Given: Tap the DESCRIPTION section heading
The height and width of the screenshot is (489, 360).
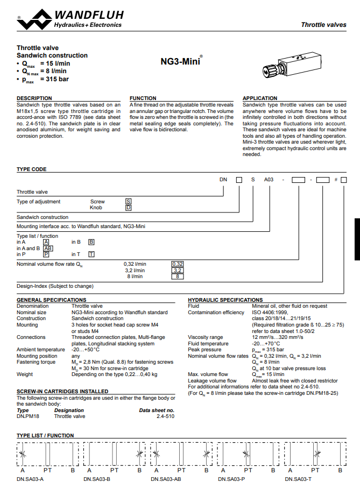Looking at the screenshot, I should pos(34,98).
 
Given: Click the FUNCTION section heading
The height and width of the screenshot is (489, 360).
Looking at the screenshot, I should pos(143,98).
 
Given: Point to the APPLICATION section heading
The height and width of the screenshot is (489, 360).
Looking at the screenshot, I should pos(260,98).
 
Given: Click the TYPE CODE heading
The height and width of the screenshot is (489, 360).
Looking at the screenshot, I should pos(32,169).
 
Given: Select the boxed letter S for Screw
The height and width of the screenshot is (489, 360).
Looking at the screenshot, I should pos(128,202).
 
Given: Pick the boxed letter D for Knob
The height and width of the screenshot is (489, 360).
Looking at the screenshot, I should pos(128,208).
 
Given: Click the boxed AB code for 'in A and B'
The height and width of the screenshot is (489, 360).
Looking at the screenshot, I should pos(47,249).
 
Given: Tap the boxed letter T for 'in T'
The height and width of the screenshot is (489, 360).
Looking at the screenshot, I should pos(91,254).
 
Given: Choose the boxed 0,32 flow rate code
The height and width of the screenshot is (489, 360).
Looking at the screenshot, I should pos(178,264).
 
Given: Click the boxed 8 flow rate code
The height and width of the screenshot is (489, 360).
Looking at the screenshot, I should pos(178,277).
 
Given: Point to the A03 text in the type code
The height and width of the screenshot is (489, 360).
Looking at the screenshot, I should pos(268,180).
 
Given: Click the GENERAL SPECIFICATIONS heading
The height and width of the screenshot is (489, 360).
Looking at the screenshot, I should pos(51,300).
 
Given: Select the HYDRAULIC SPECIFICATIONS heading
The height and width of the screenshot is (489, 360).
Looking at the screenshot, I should pos(225,300).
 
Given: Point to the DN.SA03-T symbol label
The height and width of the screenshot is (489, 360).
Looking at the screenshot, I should pos(298,478).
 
